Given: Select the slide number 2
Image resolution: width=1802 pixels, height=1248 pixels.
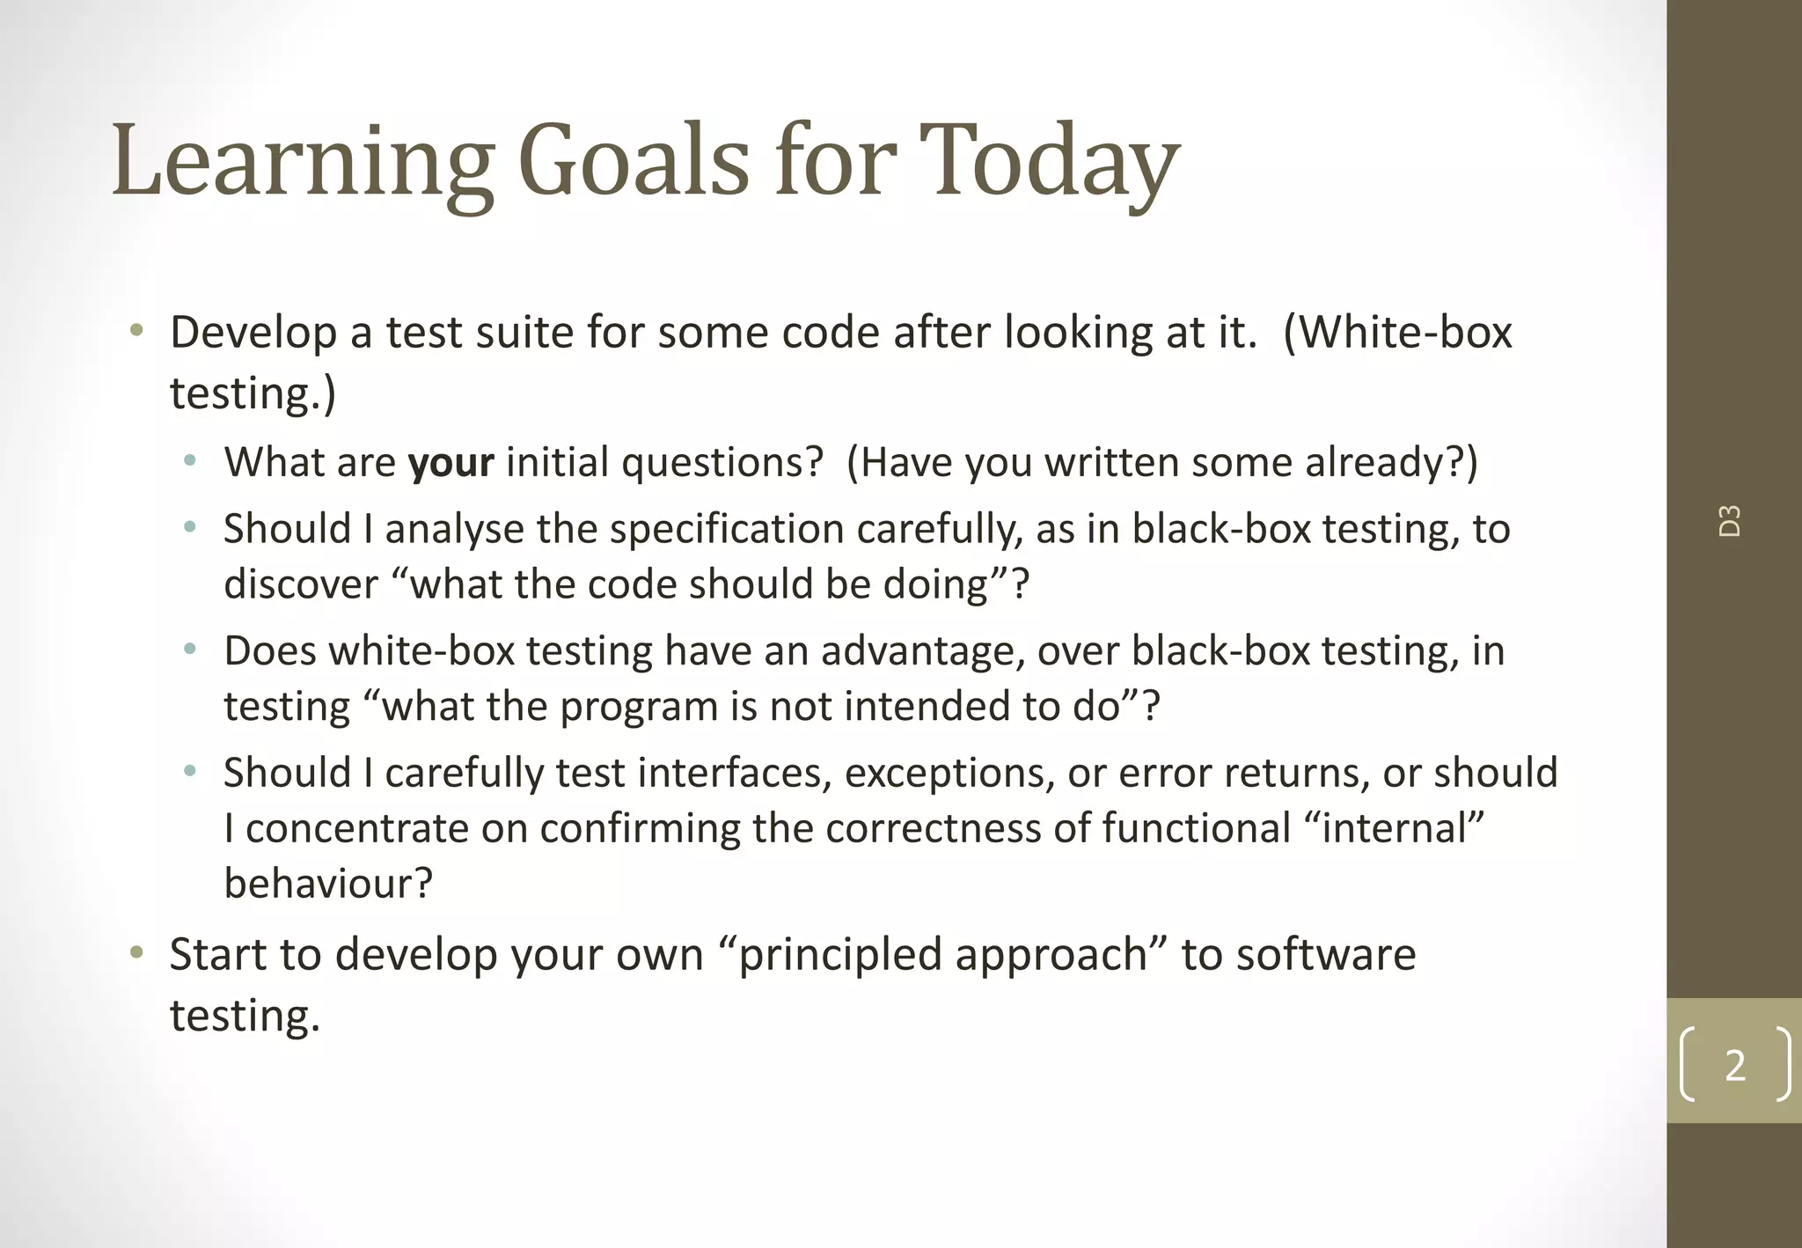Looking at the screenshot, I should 1734,1065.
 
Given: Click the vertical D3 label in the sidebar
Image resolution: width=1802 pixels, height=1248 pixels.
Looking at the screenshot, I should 1730,521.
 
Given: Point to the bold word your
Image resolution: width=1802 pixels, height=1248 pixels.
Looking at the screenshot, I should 450,463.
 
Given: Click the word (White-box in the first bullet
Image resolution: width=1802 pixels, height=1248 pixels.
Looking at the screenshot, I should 1398,334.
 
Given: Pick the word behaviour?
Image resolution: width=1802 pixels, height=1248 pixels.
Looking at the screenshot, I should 328,884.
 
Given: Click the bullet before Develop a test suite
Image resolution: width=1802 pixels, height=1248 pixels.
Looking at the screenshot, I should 136,332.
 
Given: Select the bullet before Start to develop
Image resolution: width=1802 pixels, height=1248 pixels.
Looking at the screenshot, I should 136,953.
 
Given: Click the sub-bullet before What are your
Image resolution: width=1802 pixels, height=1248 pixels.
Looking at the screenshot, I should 190,461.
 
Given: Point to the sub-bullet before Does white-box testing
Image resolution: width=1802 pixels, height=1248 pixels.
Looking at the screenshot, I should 190,650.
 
